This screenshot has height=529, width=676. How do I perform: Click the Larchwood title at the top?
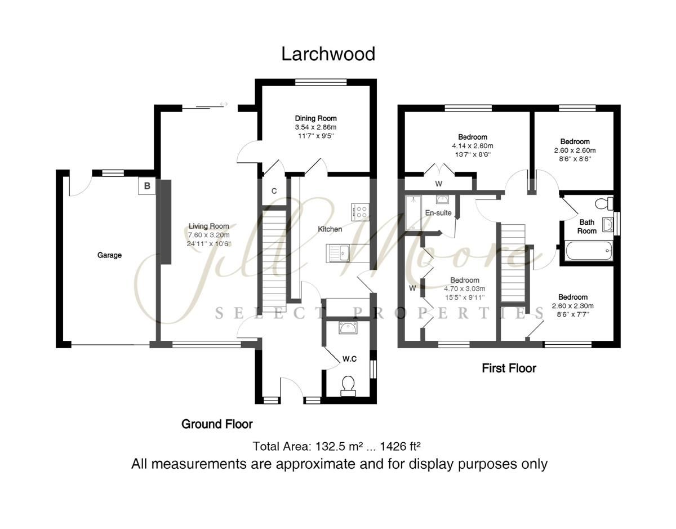click(x=328, y=54)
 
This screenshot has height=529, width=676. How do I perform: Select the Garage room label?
click(x=109, y=255)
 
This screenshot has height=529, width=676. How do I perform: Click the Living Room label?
click(x=208, y=226)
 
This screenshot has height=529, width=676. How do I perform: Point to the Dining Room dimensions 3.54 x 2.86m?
click(x=315, y=127)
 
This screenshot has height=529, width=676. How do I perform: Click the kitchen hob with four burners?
click(x=360, y=211)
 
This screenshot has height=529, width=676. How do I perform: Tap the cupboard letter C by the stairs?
click(x=274, y=191)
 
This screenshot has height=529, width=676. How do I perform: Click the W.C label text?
click(x=350, y=359)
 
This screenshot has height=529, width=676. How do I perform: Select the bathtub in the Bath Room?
click(x=588, y=250)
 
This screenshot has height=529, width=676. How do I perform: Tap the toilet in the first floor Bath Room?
click(x=604, y=202)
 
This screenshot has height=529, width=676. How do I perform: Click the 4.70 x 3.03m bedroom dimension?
click(x=465, y=289)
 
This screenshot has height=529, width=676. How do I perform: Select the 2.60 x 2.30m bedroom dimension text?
click(x=573, y=306)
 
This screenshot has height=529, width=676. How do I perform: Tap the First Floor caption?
click(x=509, y=368)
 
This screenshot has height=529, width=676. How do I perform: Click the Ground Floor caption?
click(x=217, y=424)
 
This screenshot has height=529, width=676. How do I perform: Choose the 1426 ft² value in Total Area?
click(x=401, y=447)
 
